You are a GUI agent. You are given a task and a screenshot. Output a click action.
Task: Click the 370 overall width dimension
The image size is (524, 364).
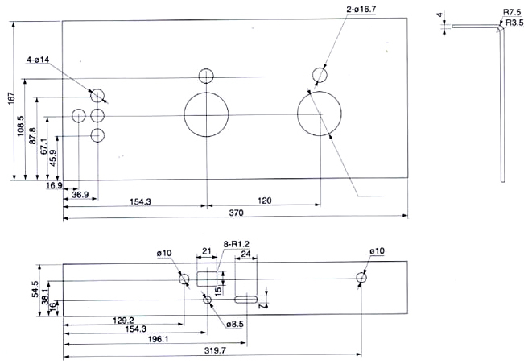tap(237, 213)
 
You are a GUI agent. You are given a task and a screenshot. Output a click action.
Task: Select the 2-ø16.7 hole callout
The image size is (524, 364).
tap(361, 10)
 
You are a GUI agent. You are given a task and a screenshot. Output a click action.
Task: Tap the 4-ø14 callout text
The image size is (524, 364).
tap(38, 60)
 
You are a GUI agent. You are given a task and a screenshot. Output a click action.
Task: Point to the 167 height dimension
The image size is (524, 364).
tap(11, 98)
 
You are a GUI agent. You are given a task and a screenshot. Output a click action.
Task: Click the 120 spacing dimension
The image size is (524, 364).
tap(265, 201)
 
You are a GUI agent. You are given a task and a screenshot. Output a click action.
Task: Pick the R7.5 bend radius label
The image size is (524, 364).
tap(512, 12)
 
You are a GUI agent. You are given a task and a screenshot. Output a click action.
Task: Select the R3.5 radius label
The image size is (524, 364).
tap(514, 23)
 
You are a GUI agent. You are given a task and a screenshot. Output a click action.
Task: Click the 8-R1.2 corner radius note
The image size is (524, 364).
tap(237, 244)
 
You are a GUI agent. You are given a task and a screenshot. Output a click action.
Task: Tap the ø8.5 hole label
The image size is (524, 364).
tap(235, 325)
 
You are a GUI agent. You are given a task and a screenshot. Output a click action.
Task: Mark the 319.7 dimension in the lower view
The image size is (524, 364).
tap(215, 350)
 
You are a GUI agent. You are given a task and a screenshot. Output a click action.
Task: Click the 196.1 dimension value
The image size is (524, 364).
tap(159, 339)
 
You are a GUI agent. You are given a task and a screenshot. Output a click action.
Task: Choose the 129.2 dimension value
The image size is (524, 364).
tap(123, 321)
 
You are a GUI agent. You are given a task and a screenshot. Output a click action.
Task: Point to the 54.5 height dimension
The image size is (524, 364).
tap(35, 289)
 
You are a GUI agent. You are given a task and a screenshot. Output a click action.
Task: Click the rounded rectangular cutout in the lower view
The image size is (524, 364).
tap(207, 279)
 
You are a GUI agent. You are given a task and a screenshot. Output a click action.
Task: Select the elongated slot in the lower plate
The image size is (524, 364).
tap(246, 300)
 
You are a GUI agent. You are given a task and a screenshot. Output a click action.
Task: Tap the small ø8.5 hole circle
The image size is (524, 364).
tap(207, 300)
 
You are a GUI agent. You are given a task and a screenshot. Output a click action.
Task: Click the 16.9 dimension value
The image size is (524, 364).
tap(54, 185)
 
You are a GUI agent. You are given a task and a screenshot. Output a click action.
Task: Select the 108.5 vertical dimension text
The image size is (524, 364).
tap(20, 126)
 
